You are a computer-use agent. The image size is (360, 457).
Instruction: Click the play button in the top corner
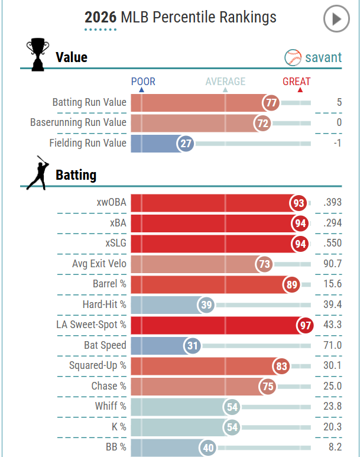click(x=336, y=19)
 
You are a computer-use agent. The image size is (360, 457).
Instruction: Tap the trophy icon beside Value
click(x=38, y=54)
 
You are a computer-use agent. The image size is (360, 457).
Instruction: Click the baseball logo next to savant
click(x=293, y=57)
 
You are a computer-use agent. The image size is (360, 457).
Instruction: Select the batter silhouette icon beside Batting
click(x=38, y=173)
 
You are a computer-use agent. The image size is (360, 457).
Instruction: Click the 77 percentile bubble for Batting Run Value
click(x=271, y=103)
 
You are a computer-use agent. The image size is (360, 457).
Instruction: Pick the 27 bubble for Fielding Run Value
click(x=186, y=144)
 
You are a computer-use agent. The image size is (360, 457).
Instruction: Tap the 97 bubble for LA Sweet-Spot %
click(x=305, y=325)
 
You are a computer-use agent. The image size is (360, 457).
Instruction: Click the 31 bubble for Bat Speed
click(x=192, y=346)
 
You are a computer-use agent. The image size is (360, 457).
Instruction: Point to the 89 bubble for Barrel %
click(x=291, y=284)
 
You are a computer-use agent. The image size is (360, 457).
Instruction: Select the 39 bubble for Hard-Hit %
click(x=206, y=305)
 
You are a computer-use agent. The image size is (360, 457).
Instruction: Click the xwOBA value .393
click(x=332, y=202)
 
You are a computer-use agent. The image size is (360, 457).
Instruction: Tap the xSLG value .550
click(x=332, y=243)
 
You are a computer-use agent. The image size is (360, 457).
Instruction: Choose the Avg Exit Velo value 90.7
click(x=333, y=264)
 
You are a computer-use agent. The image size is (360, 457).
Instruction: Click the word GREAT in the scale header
click(x=297, y=82)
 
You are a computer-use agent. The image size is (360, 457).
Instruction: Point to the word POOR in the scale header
click(x=143, y=82)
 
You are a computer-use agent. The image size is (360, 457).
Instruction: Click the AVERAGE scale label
click(x=225, y=82)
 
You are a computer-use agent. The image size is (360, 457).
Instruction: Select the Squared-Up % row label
click(x=98, y=365)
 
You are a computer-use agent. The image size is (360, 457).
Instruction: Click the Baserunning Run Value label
click(x=79, y=122)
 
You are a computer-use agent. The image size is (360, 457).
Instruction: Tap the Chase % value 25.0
click(x=333, y=386)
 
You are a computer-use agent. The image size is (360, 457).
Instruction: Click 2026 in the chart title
click(x=100, y=17)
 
